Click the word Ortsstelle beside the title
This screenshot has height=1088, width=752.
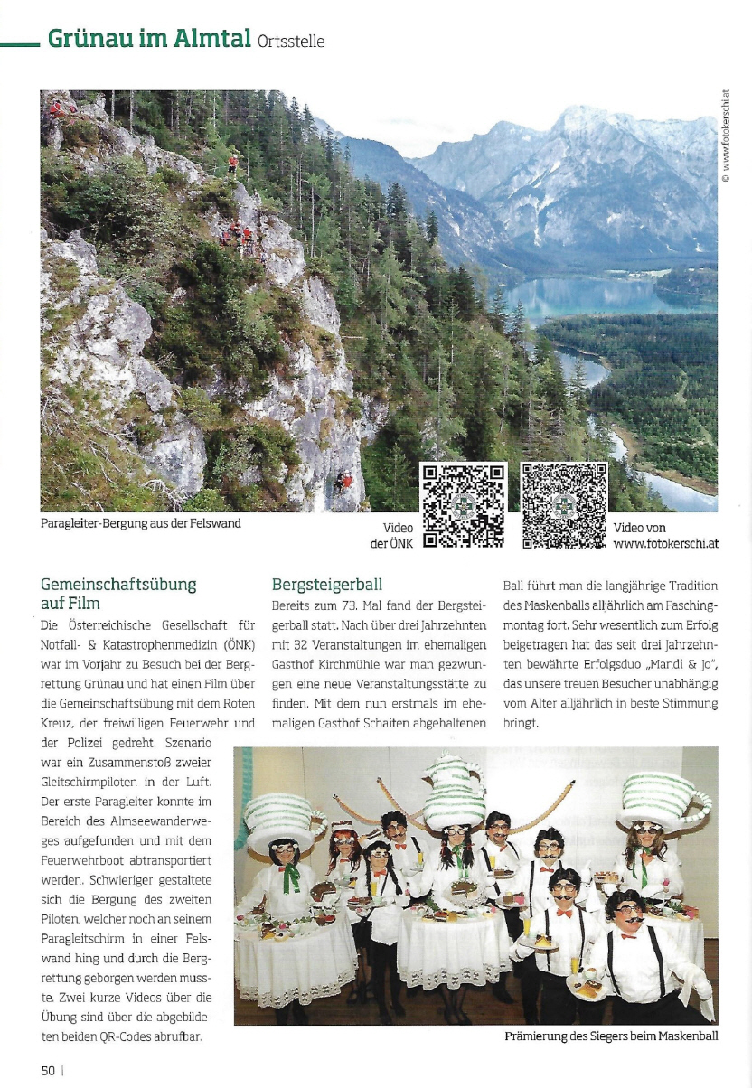click(x=291, y=41)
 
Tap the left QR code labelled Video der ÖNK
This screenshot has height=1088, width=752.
click(x=464, y=507)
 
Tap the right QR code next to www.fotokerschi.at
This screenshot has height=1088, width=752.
click(x=564, y=507)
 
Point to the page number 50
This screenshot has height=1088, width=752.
click(x=48, y=1070)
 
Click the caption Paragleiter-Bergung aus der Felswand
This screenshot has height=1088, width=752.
click(x=141, y=522)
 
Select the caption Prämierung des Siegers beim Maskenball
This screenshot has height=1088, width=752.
click(x=611, y=1036)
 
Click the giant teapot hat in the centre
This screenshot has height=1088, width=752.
click(x=455, y=790)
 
